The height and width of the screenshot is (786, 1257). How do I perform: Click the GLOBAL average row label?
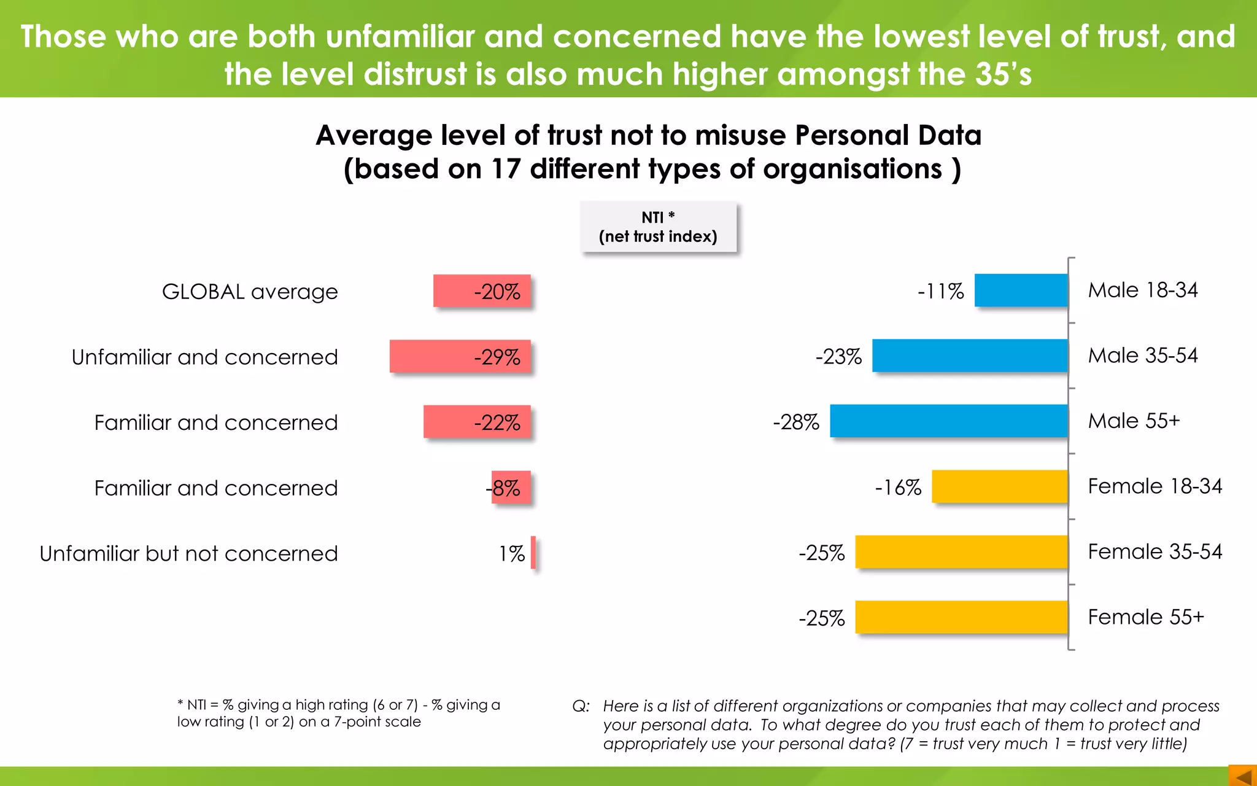pyautogui.click(x=250, y=291)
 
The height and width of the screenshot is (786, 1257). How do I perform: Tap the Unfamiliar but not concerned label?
pyautogui.click(x=188, y=553)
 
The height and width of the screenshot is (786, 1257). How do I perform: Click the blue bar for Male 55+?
pyautogui.click(x=948, y=421)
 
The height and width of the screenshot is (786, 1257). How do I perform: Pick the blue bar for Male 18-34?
pyautogui.click(x=1021, y=290)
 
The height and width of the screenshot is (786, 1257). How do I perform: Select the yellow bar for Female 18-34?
pyautogui.click(x=999, y=486)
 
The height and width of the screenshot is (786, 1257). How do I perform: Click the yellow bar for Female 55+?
pyautogui.click(x=961, y=617)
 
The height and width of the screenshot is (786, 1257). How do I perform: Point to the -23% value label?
pyautogui.click(x=838, y=356)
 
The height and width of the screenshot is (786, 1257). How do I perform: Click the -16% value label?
pyautogui.click(x=898, y=488)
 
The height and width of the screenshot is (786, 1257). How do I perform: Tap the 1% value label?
pyautogui.click(x=511, y=554)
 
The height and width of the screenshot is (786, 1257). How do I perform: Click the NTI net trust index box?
pyautogui.click(x=658, y=227)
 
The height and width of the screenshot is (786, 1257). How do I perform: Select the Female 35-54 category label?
pyautogui.click(x=1155, y=551)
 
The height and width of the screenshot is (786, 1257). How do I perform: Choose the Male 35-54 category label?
pyautogui.click(x=1142, y=355)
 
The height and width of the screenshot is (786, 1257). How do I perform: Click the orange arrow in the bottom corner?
pyautogui.click(x=1243, y=776)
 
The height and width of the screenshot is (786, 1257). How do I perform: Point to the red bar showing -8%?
pyautogui.click(x=511, y=488)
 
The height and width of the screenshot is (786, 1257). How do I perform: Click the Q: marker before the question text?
pyautogui.click(x=581, y=706)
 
